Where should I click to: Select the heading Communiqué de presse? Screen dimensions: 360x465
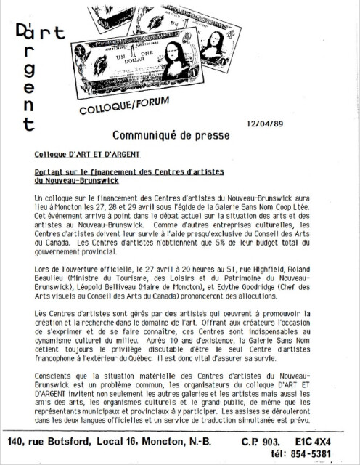pyautogui.click(x=171, y=135)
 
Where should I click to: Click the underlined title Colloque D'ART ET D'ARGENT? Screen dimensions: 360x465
pyautogui.click(x=87, y=154)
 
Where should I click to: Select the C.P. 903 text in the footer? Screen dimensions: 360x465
pyautogui.click(x=260, y=442)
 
